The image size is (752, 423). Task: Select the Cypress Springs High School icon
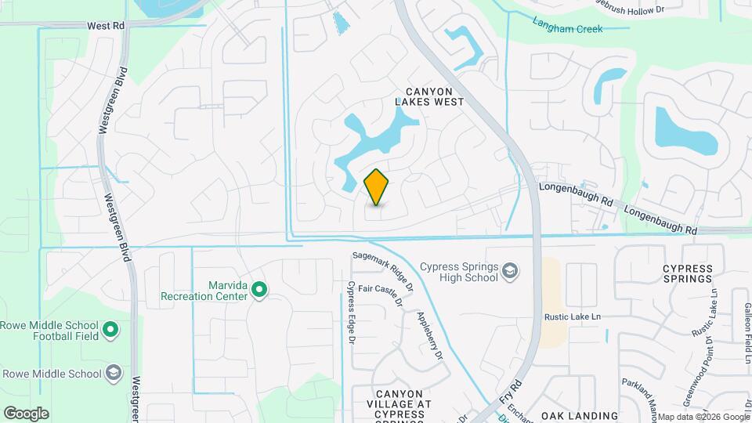tap(510, 271)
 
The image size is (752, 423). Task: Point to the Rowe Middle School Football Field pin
tap(111, 331)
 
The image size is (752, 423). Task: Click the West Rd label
tap(107, 26)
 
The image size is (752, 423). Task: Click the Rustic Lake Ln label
tap(573, 316)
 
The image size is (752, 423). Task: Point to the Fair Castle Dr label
tap(381, 295)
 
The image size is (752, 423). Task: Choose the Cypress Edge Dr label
tap(352, 313)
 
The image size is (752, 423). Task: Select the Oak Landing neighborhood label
tap(580, 415)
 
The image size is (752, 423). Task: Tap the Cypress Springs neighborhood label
tap(689, 273)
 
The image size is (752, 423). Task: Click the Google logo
tap(26, 413)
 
